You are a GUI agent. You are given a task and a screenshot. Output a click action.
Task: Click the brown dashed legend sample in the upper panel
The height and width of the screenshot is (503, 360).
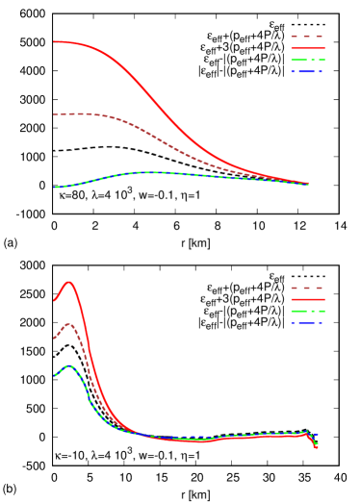click(x=307, y=37)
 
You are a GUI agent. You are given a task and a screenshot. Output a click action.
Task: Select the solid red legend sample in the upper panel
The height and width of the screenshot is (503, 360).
click(x=307, y=48)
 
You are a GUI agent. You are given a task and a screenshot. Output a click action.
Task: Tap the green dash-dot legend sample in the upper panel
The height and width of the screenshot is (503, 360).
click(x=307, y=60)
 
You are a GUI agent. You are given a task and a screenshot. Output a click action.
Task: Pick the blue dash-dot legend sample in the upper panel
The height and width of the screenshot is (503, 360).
click(x=307, y=71)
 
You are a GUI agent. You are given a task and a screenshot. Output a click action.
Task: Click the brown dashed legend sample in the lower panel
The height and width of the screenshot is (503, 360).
click(x=307, y=288)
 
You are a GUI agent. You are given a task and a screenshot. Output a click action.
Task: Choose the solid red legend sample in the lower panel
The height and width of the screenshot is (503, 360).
click(x=307, y=299)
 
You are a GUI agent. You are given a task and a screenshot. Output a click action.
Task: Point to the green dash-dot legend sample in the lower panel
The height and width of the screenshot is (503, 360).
click(x=307, y=311)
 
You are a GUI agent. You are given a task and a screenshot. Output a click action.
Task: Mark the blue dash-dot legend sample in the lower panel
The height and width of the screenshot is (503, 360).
click(x=307, y=322)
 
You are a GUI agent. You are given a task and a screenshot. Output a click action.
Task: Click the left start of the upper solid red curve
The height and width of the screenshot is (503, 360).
click(x=54, y=41)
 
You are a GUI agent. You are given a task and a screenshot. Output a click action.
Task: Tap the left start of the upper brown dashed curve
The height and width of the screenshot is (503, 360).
click(x=54, y=114)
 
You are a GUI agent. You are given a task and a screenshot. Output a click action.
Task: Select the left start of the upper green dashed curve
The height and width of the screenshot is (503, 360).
click(x=54, y=187)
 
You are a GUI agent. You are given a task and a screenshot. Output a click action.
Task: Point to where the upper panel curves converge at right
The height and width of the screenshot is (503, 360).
click(x=308, y=183)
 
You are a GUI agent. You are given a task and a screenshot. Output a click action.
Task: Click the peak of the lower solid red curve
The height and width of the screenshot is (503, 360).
click(x=69, y=282)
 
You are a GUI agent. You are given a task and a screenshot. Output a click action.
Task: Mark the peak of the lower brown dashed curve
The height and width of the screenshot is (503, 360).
click(x=67, y=324)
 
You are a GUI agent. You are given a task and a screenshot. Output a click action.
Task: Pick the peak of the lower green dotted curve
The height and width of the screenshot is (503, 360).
click(x=69, y=365)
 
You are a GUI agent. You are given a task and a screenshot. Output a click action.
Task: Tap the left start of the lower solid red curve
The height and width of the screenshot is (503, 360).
click(x=54, y=300)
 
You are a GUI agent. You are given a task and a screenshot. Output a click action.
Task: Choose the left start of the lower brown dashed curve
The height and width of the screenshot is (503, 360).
click(x=53, y=338)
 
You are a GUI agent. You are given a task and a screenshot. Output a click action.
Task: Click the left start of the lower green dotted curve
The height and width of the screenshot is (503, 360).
click(x=55, y=375)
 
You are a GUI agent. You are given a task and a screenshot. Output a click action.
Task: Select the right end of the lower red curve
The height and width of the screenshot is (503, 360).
click(x=317, y=448)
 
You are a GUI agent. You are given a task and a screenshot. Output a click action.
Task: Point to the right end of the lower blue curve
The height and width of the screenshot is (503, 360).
click(x=317, y=435)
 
